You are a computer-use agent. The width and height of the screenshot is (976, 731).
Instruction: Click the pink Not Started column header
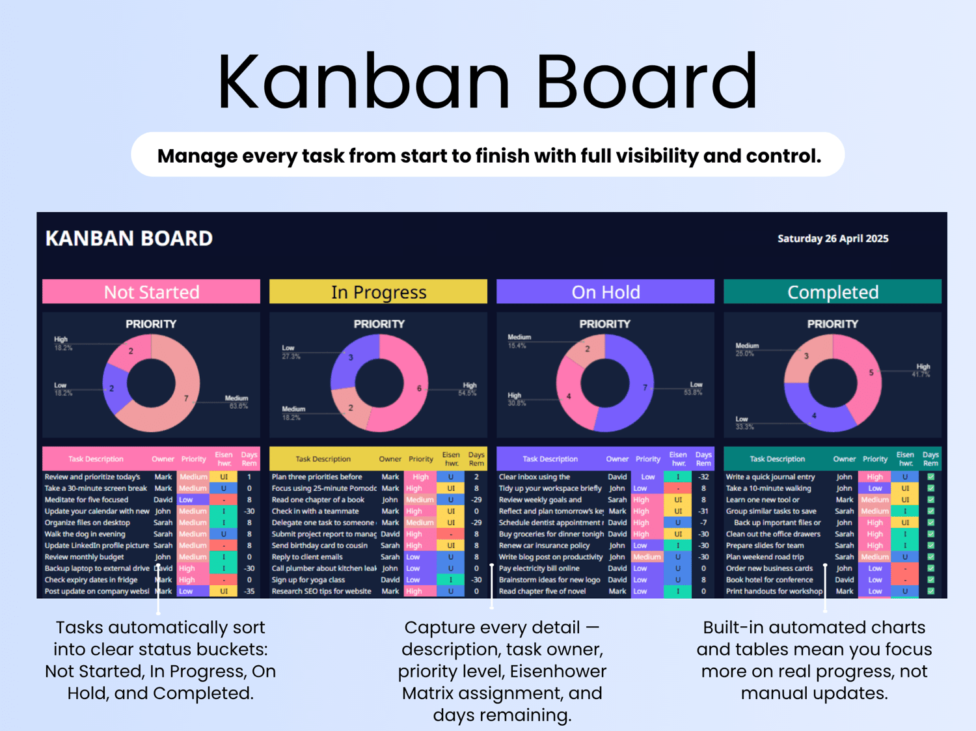151,292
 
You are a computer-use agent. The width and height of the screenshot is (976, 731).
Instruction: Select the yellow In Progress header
378,292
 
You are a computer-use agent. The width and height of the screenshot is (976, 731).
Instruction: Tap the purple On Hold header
605,292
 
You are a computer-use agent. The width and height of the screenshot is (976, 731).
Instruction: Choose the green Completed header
832,292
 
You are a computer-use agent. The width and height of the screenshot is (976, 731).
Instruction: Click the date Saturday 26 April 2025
832,239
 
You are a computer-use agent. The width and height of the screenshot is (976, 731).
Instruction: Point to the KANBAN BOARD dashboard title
129,238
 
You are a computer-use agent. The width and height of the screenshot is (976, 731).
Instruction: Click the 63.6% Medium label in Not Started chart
237,402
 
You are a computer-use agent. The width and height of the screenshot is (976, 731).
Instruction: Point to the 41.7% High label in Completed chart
922,371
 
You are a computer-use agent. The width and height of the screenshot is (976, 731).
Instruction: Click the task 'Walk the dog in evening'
85,534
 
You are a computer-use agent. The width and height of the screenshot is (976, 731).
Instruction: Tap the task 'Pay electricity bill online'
539,568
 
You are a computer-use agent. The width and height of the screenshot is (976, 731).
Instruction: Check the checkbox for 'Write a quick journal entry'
930,477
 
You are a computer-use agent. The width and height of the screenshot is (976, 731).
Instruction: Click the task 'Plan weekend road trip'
765,557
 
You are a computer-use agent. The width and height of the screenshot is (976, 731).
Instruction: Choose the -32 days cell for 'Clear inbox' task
703,477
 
